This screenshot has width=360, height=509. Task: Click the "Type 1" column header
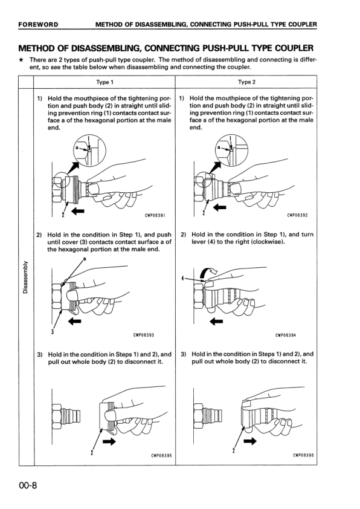point(104,82)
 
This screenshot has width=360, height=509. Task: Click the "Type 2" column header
point(246,82)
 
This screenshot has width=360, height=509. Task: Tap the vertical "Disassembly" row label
point(25,277)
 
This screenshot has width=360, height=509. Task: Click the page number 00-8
point(28,485)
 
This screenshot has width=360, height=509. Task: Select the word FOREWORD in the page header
point(38,24)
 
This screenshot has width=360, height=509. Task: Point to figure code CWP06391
point(155,215)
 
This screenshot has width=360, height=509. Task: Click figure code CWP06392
point(297,215)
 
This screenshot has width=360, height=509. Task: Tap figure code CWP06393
point(144,335)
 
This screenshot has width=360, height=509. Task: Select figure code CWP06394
point(286,335)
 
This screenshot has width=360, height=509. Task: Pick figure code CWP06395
point(161,455)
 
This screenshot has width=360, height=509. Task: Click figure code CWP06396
point(303,455)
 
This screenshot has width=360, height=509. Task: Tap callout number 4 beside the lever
point(183,278)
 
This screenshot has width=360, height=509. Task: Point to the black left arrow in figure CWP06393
point(75,322)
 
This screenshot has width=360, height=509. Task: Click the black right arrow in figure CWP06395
point(109,441)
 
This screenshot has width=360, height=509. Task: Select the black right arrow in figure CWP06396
point(250,441)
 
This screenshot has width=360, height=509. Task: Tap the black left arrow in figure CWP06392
point(220,207)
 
